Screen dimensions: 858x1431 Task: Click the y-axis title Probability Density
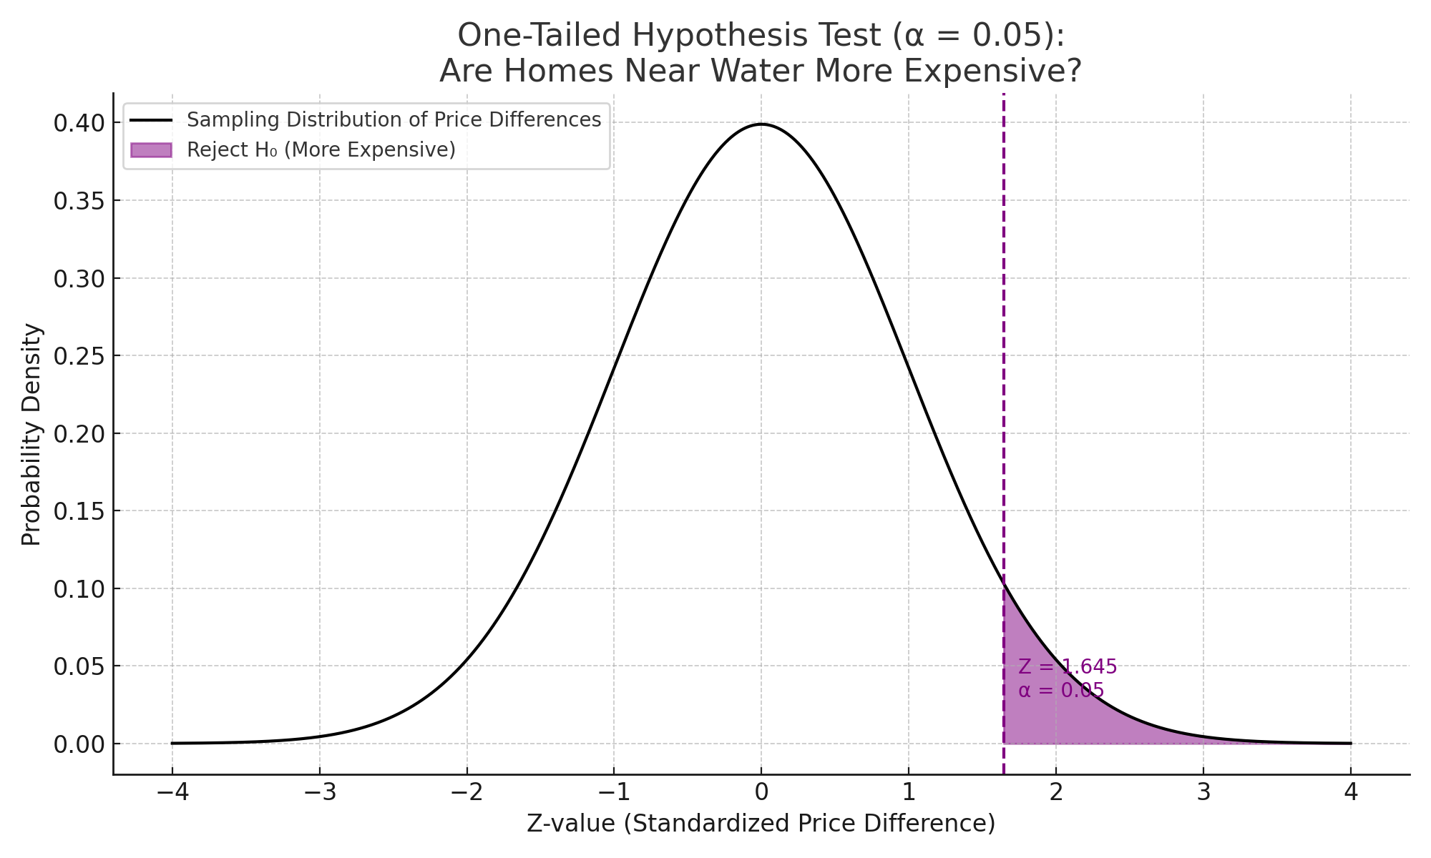point(31,434)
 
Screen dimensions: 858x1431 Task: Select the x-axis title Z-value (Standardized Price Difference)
point(761,824)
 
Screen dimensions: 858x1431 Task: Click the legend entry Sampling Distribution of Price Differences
point(394,120)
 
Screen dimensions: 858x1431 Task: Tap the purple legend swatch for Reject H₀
point(151,150)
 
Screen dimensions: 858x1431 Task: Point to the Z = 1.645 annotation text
point(1068,667)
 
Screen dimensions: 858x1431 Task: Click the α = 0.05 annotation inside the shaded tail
point(1061,691)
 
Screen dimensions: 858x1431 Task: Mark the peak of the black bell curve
point(761,124)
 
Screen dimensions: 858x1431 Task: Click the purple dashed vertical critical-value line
point(1004,357)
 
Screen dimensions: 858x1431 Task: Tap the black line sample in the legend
point(151,120)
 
